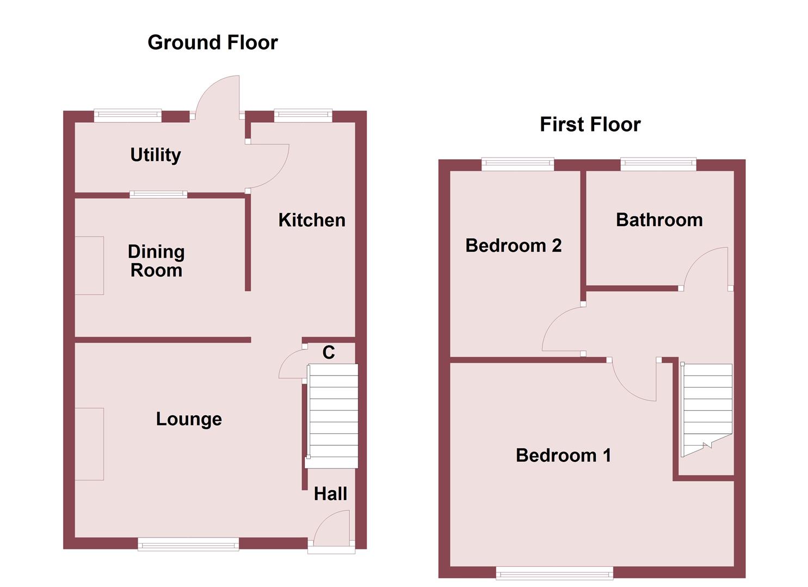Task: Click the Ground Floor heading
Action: pos(213,42)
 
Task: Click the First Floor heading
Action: pos(590,124)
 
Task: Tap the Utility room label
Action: pos(156,155)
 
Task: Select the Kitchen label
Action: pos(312,220)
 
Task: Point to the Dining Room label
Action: pos(156,261)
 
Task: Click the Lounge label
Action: pos(189,419)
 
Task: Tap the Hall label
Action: pos(330,494)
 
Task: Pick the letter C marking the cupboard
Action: pos(329,353)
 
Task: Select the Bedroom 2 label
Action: pos(513,246)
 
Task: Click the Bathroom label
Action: pos(659,220)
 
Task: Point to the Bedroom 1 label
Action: pos(563,455)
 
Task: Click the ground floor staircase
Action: pos(332,415)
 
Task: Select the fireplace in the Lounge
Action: pos(89,444)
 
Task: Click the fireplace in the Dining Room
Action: pos(89,266)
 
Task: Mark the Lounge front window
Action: pos(188,544)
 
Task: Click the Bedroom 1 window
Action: pos(554,572)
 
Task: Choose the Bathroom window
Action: pos(658,164)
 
